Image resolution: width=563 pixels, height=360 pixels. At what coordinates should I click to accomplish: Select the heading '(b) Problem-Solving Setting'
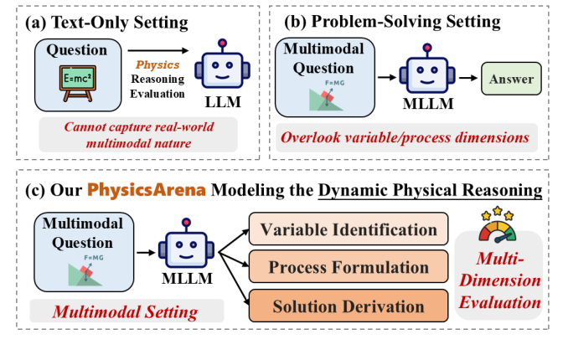406,20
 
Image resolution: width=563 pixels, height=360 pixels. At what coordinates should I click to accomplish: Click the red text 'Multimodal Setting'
127,312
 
